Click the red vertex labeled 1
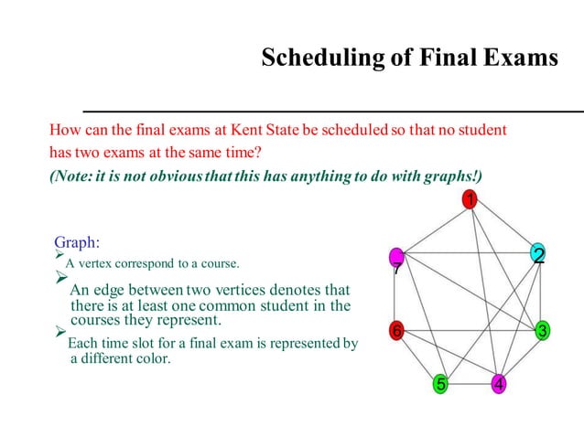469,200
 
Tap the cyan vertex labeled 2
538,253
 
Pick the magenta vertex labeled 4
499,383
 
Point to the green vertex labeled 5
441,383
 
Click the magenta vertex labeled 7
396,258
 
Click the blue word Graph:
77,242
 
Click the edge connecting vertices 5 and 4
470,384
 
